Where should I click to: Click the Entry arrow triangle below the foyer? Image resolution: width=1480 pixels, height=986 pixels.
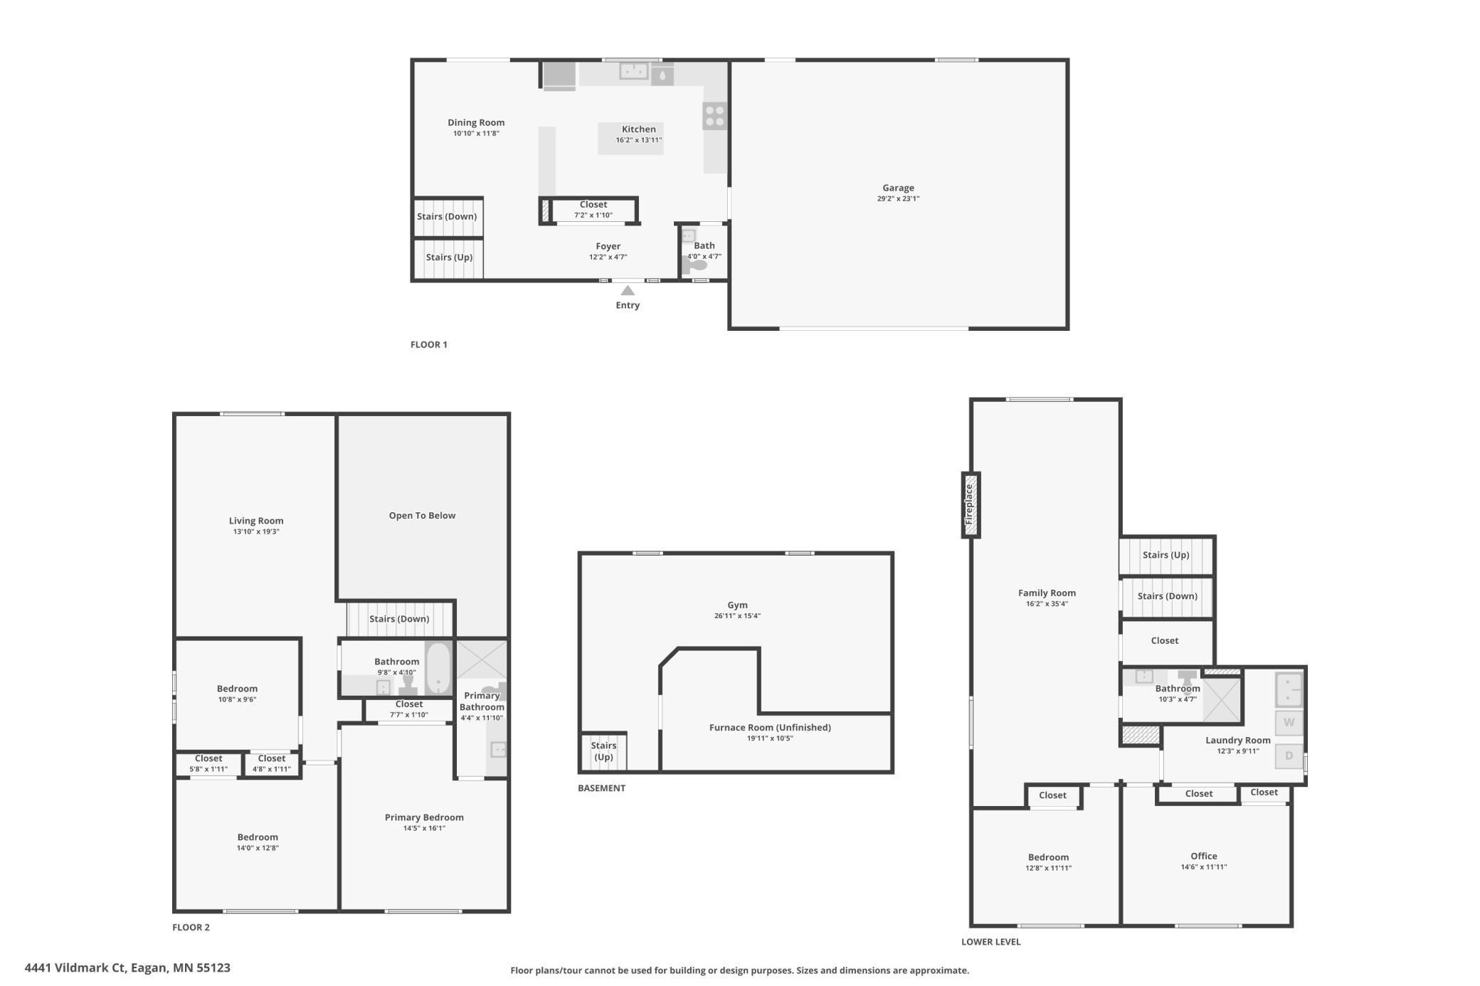tap(628, 290)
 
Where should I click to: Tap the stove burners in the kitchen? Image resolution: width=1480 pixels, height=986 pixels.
tap(714, 116)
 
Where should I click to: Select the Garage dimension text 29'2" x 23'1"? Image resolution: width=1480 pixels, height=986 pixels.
tap(898, 199)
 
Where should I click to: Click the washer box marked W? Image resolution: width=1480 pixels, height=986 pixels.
tap(1289, 723)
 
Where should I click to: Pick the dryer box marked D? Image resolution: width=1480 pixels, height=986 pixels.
tap(1289, 756)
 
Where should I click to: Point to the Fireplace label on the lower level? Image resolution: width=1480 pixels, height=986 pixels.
tap(969, 504)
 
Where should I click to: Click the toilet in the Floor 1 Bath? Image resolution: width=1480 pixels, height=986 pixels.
tap(695, 265)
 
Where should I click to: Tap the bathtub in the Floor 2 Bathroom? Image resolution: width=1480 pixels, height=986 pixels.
tap(438, 667)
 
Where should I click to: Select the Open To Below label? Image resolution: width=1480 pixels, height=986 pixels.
tap(422, 516)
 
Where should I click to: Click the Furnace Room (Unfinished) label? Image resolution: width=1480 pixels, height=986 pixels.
tap(770, 727)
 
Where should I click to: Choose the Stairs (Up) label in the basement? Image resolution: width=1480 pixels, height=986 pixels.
tap(603, 751)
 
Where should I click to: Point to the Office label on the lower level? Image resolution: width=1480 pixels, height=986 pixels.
tap(1204, 856)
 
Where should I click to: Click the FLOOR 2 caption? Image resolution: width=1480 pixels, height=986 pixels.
tap(191, 927)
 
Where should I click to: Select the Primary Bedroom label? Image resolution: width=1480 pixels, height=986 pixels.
tap(424, 817)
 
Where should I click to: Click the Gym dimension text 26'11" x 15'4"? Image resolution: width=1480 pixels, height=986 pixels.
tap(737, 616)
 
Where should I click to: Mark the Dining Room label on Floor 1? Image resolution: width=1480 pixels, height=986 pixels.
tap(476, 122)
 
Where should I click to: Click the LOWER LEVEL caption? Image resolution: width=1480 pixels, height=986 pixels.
tap(990, 941)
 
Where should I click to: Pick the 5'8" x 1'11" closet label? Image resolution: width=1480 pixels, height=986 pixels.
tap(208, 769)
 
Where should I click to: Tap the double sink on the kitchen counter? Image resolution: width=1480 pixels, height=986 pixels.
tap(633, 71)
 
